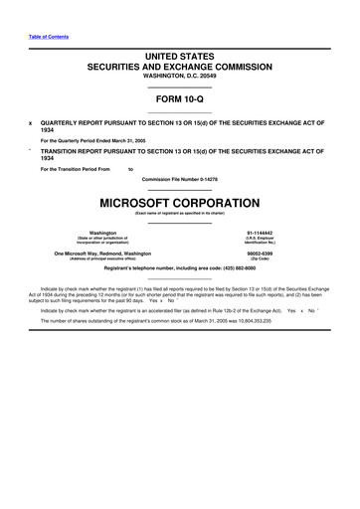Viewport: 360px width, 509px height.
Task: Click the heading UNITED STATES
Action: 179,62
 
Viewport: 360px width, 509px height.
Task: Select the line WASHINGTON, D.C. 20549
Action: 179,84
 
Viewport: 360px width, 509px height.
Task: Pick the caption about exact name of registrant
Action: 179,214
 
